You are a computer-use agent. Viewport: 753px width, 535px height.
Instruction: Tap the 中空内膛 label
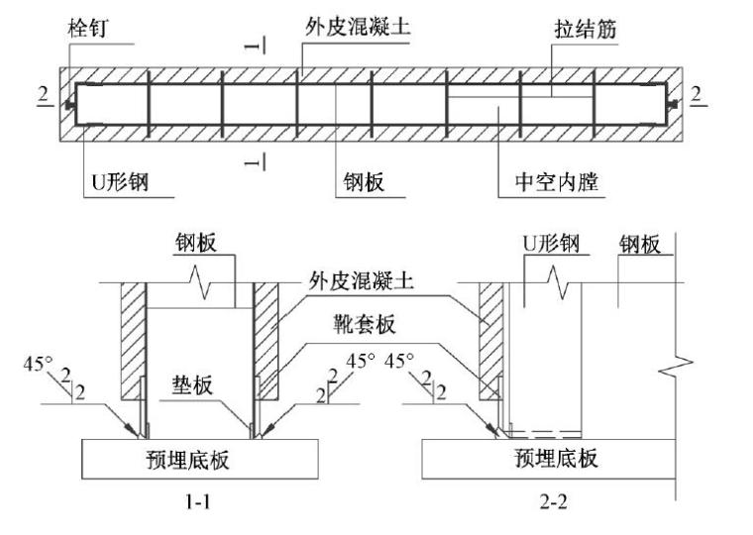pos(557,182)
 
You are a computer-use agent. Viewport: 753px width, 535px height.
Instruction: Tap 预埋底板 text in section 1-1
pos(198,458)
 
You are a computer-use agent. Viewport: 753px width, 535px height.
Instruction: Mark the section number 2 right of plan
pos(700,94)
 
